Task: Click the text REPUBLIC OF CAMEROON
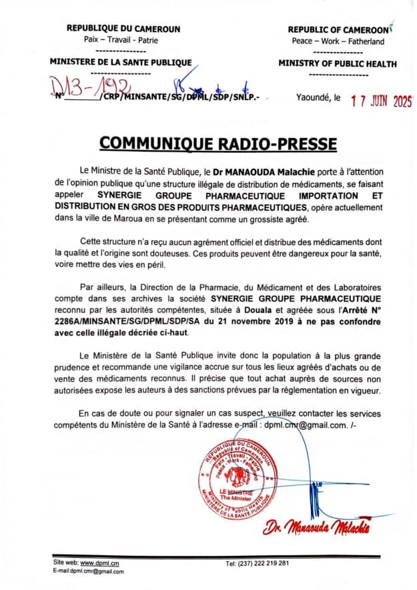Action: coord(338,30)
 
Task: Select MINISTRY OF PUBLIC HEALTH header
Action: coord(337,64)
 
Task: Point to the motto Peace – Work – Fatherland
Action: coord(338,41)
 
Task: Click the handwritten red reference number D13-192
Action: coord(91,87)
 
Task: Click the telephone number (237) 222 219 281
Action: coord(257,564)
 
